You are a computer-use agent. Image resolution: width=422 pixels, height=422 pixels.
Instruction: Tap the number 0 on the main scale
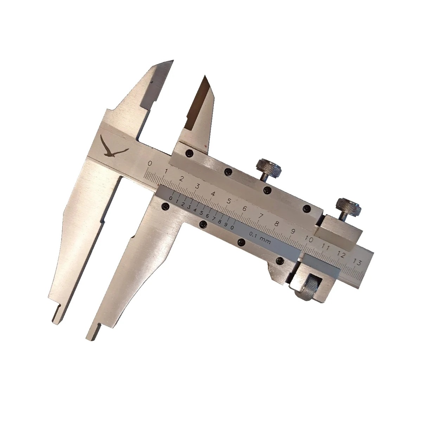click(150, 163)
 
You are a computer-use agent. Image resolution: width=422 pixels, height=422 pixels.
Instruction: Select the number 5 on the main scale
click(229, 201)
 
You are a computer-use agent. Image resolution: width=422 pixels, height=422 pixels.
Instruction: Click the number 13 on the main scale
click(357, 262)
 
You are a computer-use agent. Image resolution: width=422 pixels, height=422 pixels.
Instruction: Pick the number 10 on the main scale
click(308, 239)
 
